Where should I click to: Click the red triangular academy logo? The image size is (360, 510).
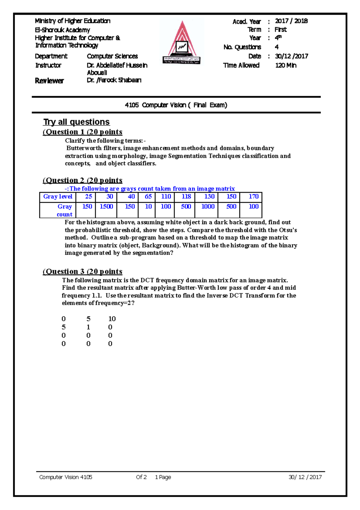[x=182, y=42]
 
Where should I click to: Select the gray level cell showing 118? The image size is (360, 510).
[x=186, y=196]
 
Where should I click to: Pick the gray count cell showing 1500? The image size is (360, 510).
[x=106, y=207]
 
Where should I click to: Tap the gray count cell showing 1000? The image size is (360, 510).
[x=208, y=207]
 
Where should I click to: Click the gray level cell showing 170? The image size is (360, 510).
[x=253, y=196]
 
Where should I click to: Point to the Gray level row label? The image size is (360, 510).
[x=58, y=196]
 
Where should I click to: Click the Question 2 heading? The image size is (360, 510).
[x=82, y=180]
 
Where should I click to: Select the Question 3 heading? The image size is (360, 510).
[x=82, y=272]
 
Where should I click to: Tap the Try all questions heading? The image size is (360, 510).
[x=76, y=122]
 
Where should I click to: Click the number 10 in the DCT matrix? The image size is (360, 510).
[x=112, y=319]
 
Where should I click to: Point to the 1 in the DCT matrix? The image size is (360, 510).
[x=88, y=327]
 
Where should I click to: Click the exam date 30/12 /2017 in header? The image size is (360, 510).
[x=291, y=56]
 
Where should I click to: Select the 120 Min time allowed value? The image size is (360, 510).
[x=286, y=65]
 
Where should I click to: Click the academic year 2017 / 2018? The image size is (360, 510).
[x=291, y=21]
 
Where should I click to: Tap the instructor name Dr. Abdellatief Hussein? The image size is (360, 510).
[x=117, y=65]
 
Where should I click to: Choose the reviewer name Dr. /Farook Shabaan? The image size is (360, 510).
[x=114, y=80]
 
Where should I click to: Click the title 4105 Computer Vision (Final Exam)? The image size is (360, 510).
[x=176, y=105]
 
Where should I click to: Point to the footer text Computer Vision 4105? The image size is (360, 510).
[x=66, y=477]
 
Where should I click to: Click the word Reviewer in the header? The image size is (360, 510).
[x=49, y=80]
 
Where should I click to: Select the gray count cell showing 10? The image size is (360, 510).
[x=148, y=207]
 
